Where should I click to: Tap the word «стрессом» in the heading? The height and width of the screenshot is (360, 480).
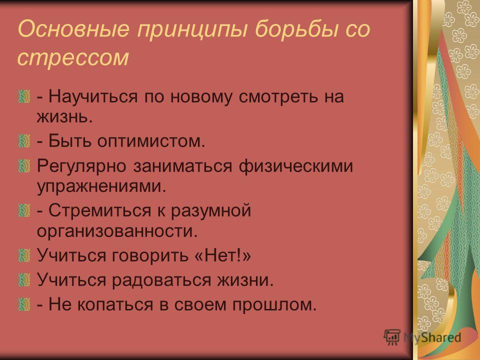[x=73, y=57]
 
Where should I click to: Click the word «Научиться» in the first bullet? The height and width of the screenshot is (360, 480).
[x=93, y=97]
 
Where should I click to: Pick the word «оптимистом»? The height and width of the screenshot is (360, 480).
[x=151, y=141]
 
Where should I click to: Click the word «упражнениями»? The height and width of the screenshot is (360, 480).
[x=101, y=186]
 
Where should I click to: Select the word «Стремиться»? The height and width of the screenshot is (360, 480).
[x=100, y=210]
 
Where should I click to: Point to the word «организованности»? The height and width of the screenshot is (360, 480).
[x=117, y=231]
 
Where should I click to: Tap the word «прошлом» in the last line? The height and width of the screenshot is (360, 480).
[x=274, y=304]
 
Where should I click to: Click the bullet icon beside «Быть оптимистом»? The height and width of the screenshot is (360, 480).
[x=24, y=141]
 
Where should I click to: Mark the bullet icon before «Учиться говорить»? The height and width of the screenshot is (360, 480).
[x=24, y=255]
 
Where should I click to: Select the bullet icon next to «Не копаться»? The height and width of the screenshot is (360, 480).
[x=24, y=304]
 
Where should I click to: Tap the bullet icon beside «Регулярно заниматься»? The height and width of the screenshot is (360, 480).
[x=24, y=166]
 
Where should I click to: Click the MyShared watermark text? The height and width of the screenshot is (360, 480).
[x=432, y=337]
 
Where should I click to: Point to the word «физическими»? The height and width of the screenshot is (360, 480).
[x=295, y=166]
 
